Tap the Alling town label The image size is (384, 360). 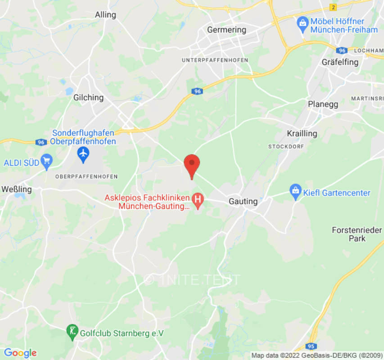pyautogui.click(x=105, y=15)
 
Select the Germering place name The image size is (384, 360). pyautogui.click(x=226, y=30)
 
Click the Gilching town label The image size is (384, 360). pyautogui.click(x=88, y=97)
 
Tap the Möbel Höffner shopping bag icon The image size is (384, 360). pyautogui.click(x=303, y=22)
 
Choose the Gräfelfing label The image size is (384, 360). pyautogui.click(x=340, y=62)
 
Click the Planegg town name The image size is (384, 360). pyautogui.click(x=323, y=104)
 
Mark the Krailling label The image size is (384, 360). pyautogui.click(x=302, y=134)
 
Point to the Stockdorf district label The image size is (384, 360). pyautogui.click(x=286, y=147)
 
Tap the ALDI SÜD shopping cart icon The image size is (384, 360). pyautogui.click(x=46, y=161)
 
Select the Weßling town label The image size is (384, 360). pyautogui.click(x=16, y=189)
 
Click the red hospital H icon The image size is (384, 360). pyautogui.click(x=197, y=198)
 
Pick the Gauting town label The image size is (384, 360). pyautogui.click(x=243, y=201)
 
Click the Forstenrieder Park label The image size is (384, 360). pyautogui.click(x=357, y=234)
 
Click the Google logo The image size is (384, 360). pyautogui.click(x=20, y=353)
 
